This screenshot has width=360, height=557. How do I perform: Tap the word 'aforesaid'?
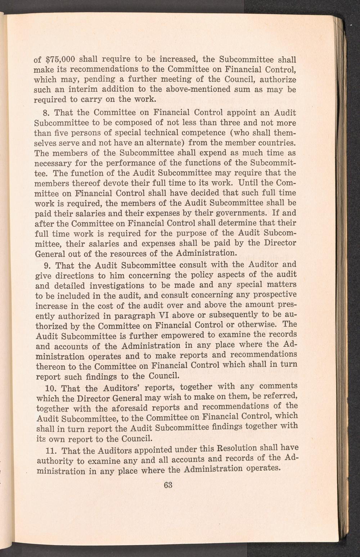137,408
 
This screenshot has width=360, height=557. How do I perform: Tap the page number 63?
168,485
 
